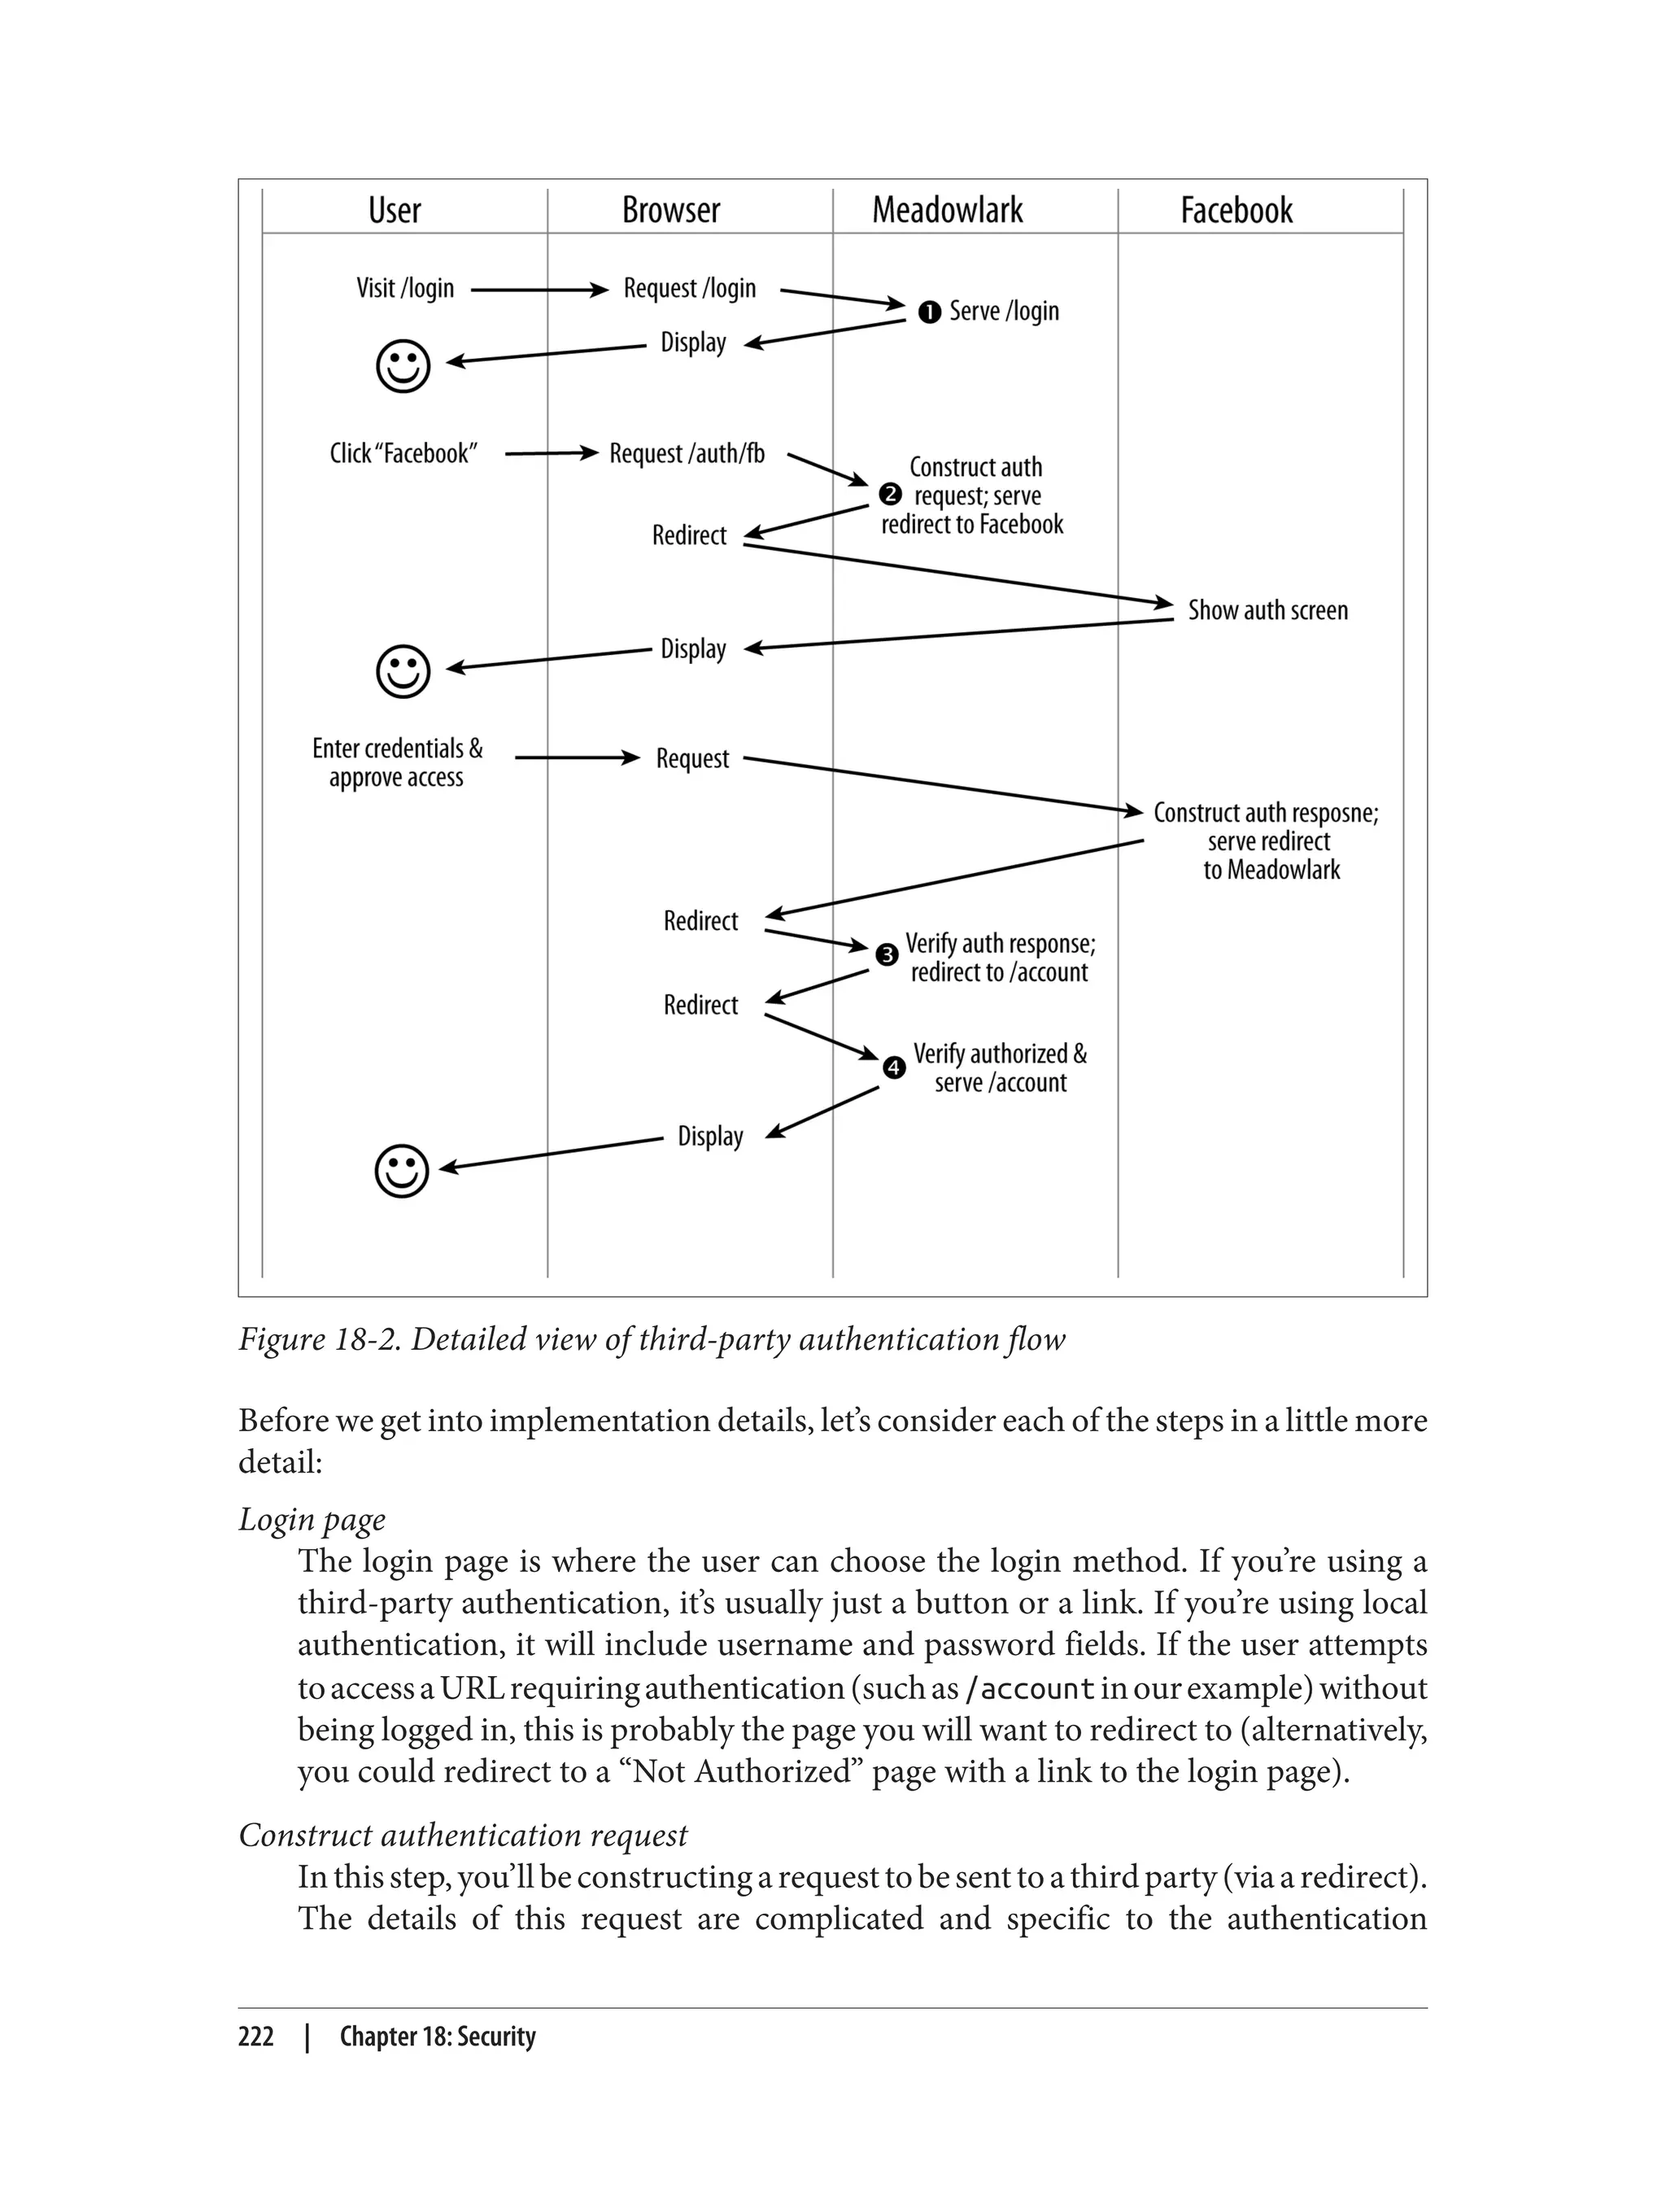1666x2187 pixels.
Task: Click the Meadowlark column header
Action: (x=947, y=210)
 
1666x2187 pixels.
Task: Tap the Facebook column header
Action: (x=1236, y=210)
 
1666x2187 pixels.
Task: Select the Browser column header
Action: (x=670, y=210)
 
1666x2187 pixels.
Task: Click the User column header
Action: (x=395, y=210)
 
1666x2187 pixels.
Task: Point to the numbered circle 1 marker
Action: (x=929, y=312)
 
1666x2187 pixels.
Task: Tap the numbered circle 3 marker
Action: (x=887, y=954)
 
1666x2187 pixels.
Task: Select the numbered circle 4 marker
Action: (x=893, y=1068)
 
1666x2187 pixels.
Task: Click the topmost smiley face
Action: (x=403, y=367)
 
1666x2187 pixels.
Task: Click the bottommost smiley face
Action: (x=402, y=1172)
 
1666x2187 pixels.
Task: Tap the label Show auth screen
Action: (x=1267, y=610)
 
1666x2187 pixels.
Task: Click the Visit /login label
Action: (x=404, y=289)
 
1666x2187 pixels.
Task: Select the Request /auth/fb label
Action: (x=687, y=453)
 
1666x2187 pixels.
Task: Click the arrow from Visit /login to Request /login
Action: (x=539, y=290)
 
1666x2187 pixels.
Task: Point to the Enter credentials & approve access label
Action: (x=397, y=762)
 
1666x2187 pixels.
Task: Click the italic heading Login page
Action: (x=312, y=1520)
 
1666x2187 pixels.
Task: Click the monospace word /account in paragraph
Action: (x=1029, y=1688)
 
